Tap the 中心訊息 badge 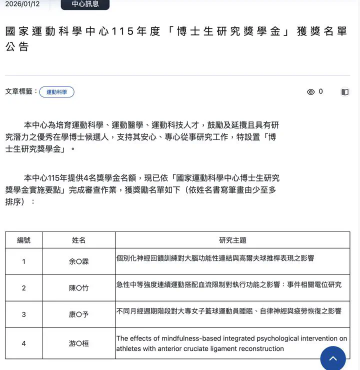[x=85, y=4]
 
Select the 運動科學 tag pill [x=56, y=92]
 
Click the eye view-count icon [x=310, y=92]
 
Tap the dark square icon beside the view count [x=345, y=92]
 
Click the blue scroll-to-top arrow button [x=333, y=358]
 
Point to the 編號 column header [x=23, y=240]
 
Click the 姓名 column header [x=78, y=240]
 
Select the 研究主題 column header [x=232, y=240]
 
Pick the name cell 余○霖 [x=78, y=261]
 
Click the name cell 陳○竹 [x=78, y=288]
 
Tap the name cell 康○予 [x=78, y=314]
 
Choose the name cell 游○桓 [x=78, y=343]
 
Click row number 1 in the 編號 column [x=23, y=261]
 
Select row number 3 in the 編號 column [x=23, y=314]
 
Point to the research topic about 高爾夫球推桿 [x=215, y=258]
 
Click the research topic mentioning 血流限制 [x=228, y=284]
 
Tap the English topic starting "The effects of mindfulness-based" [x=231, y=343]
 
